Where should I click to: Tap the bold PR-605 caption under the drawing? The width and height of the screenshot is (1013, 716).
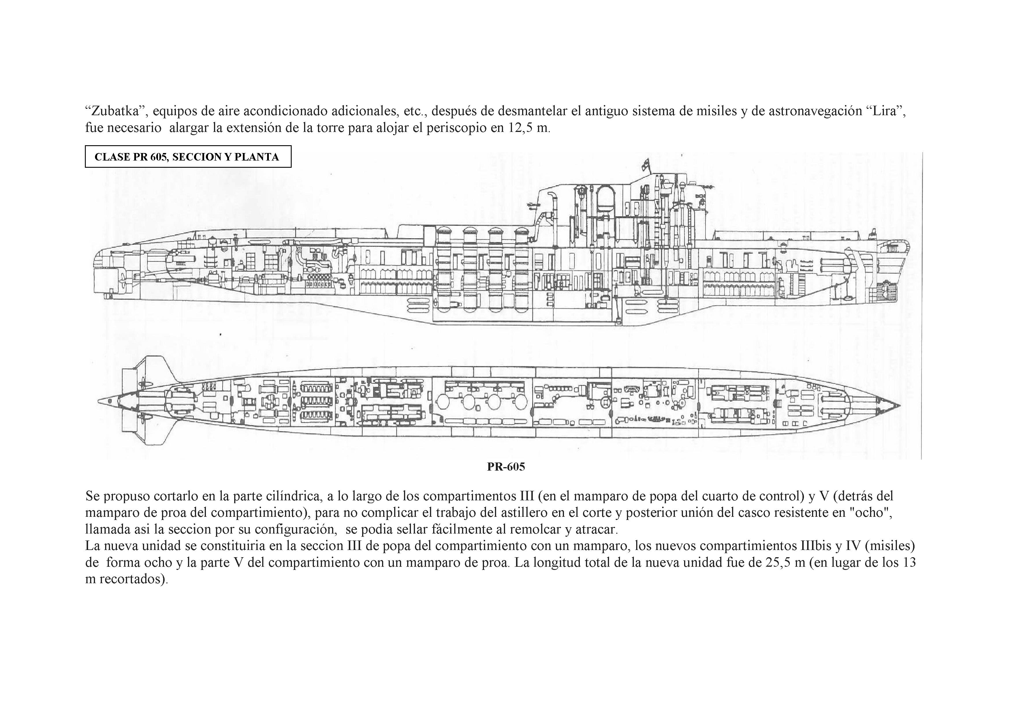(x=506, y=467)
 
